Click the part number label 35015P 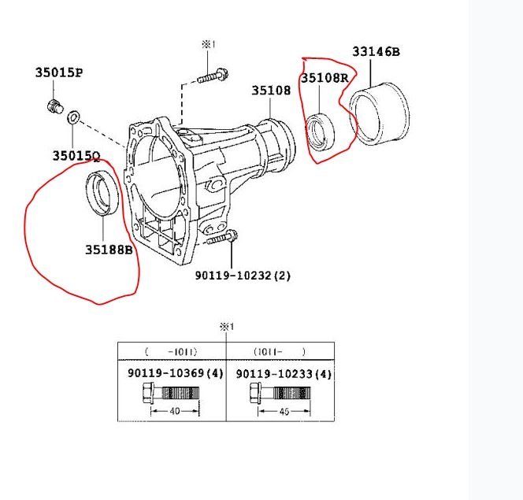coord(58,72)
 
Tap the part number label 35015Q coord(76,156)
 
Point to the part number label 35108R coord(324,78)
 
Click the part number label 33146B coord(376,52)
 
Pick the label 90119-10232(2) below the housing coord(243,276)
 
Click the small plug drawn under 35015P coord(54,106)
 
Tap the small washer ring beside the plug coord(73,118)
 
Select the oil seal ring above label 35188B coord(102,191)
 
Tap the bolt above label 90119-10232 coord(224,236)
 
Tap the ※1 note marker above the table coord(226,326)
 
